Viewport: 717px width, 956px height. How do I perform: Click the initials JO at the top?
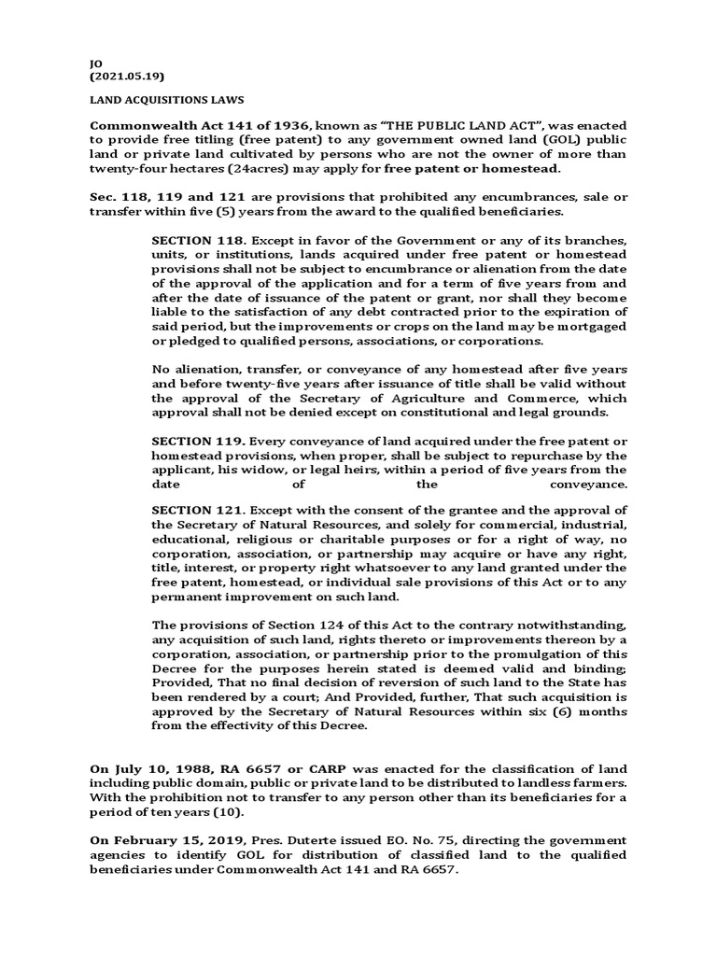[x=94, y=63]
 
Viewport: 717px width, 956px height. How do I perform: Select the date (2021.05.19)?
[x=125, y=76]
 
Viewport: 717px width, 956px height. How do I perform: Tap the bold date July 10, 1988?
[x=148, y=767]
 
